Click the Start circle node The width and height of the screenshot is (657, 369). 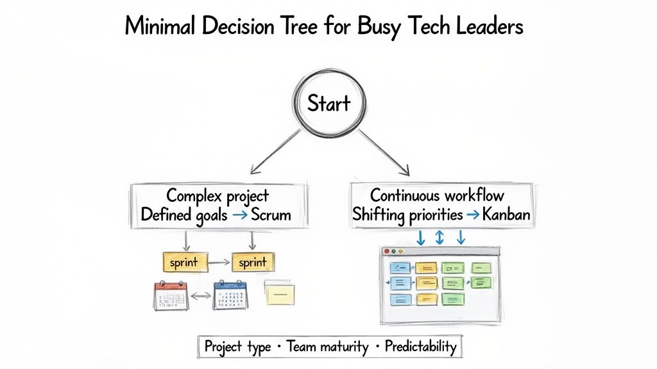[x=328, y=104]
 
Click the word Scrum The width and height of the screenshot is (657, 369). [x=271, y=215]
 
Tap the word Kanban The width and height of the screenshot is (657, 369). [x=506, y=215]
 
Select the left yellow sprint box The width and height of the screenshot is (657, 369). [x=184, y=262]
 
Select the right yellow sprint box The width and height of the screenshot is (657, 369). [x=252, y=262]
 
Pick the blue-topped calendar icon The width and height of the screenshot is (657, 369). [x=231, y=294]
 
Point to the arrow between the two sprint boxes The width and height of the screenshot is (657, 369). [x=218, y=262]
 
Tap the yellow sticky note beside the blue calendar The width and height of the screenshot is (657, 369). [x=280, y=293]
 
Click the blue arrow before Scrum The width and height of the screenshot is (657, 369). [x=239, y=215]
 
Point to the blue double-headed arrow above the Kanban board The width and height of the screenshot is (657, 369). [x=440, y=238]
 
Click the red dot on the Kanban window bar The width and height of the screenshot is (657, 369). [x=385, y=252]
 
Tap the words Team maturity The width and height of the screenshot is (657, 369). [x=327, y=347]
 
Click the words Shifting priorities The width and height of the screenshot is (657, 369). [x=407, y=215]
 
